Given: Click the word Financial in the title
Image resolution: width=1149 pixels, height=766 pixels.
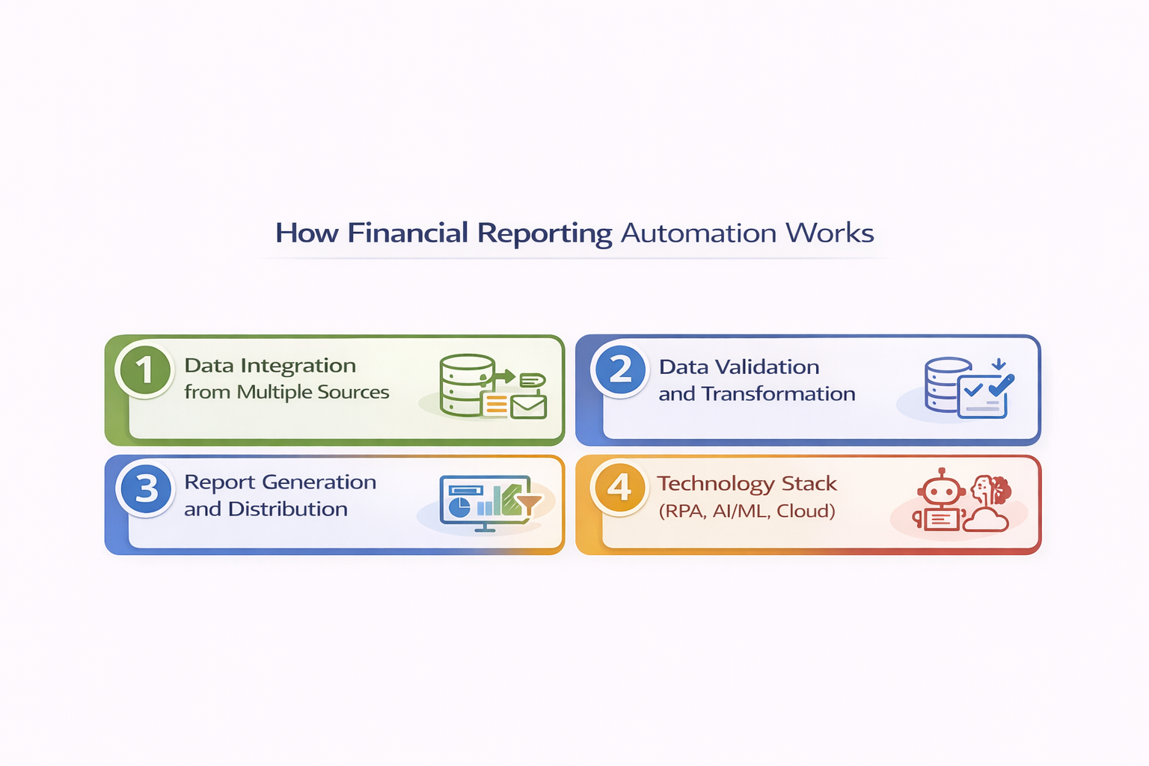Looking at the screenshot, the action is [408, 233].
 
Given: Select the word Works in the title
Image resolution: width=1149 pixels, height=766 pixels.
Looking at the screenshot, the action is [830, 233].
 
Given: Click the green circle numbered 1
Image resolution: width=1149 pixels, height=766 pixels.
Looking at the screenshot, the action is [145, 370].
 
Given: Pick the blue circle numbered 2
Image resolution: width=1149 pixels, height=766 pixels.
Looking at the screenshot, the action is [620, 370].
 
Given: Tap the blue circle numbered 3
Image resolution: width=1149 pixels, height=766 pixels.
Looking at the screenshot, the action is [146, 488].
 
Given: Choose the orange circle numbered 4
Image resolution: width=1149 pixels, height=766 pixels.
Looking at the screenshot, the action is [619, 488].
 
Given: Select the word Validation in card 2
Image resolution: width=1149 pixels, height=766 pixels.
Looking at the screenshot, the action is [767, 367].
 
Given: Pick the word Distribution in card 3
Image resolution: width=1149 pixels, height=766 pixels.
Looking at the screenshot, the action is [288, 509].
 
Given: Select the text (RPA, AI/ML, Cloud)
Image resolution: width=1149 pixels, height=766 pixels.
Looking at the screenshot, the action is [747, 511].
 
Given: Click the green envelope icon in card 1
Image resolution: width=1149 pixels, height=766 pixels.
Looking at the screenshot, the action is [528, 406].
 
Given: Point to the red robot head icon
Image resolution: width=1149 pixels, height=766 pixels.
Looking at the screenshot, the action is [940, 491].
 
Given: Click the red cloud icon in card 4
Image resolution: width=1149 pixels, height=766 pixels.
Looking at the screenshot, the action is [986, 519].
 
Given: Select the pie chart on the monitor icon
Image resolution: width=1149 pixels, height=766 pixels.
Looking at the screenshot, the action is [459, 506].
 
